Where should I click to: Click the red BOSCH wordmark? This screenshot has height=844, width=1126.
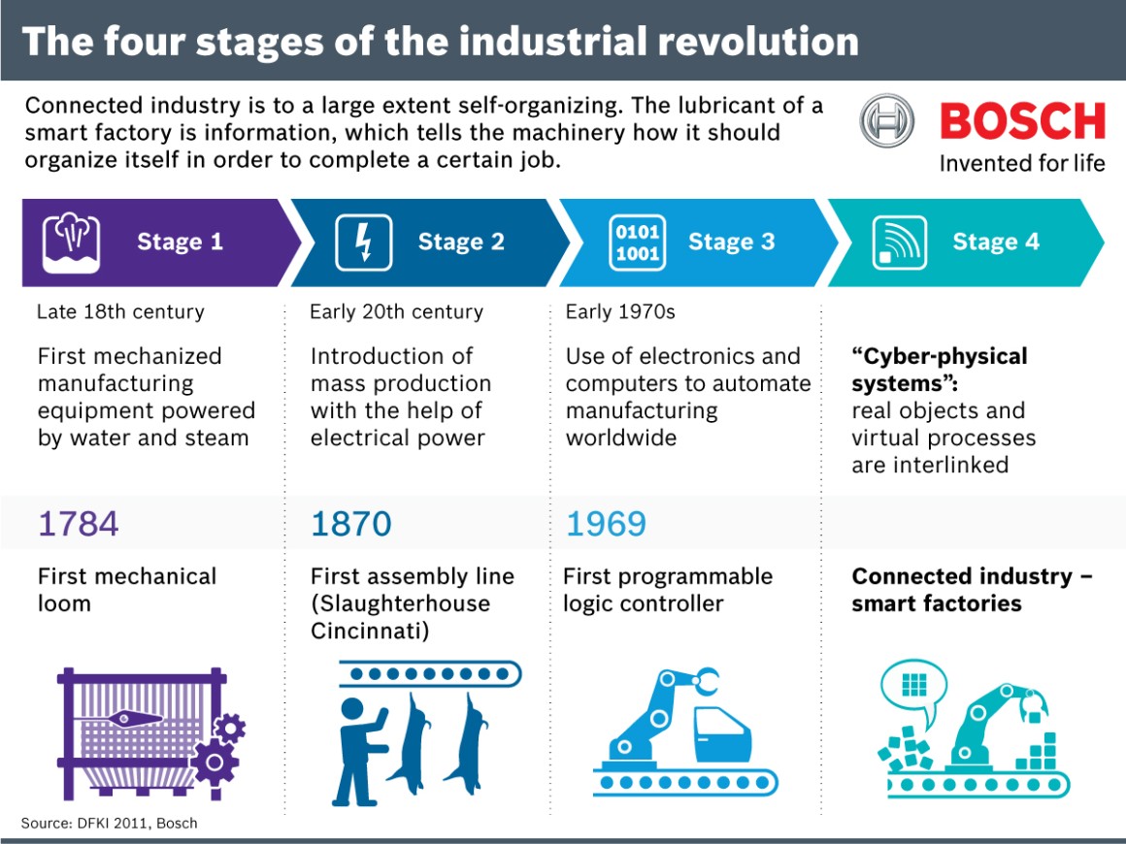(1022, 121)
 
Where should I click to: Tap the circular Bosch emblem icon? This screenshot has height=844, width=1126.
(886, 122)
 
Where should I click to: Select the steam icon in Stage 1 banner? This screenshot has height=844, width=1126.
(72, 242)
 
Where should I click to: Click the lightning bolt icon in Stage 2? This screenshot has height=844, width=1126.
(364, 243)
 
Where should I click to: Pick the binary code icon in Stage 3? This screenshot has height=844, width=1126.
(637, 242)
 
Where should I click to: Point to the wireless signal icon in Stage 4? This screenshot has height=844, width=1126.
(900, 243)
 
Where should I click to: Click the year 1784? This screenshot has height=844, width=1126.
(78, 524)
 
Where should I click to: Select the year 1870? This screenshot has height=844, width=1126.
(351, 524)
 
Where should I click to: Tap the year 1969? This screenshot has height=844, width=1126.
(606, 524)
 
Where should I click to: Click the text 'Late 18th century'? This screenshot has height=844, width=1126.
(120, 312)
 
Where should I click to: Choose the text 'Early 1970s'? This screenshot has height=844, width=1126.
(620, 312)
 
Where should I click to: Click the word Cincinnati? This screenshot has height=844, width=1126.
(370, 631)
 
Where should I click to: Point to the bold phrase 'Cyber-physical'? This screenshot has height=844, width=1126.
(939, 356)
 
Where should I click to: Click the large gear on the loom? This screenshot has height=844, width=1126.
(215, 762)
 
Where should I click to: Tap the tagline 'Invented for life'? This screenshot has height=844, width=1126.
(1021, 163)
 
